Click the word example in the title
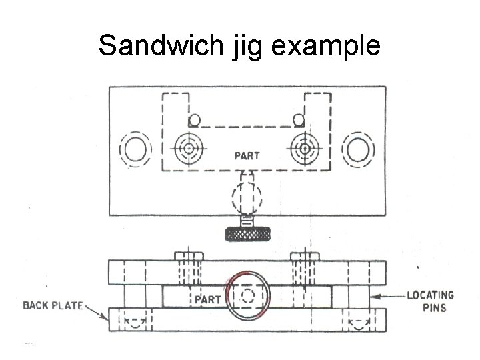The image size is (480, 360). pyautogui.click(x=332, y=47)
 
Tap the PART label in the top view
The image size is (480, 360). pyautogui.click(x=247, y=156)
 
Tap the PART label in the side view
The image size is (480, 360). pyautogui.click(x=207, y=299)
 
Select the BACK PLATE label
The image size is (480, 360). pyautogui.click(x=53, y=306)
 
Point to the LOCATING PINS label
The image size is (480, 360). pyautogui.click(x=430, y=301)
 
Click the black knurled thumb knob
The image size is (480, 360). pyautogui.click(x=247, y=234)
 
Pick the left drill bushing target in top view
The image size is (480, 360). pyautogui.click(x=189, y=147)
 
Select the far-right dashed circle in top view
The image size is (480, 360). pyautogui.click(x=357, y=149)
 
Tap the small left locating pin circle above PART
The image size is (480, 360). pyautogui.click(x=195, y=120)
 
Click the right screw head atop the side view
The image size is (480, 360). pyautogui.click(x=305, y=256)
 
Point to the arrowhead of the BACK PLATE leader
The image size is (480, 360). pyautogui.click(x=107, y=319)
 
